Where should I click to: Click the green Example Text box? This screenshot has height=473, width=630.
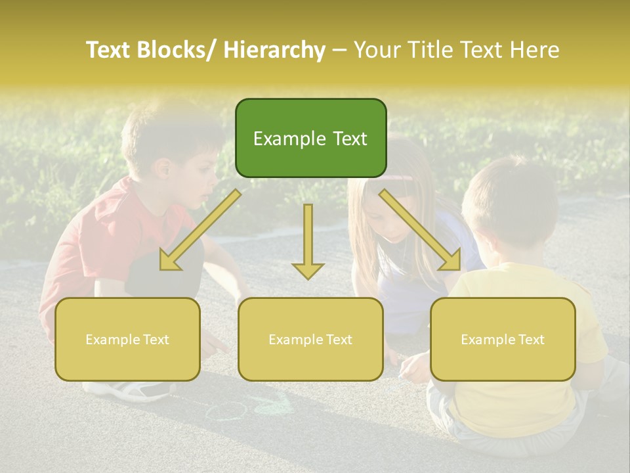tap(310, 138)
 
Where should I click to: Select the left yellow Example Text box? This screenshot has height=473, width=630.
tap(127, 339)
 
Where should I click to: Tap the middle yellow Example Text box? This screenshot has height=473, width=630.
tap(310, 339)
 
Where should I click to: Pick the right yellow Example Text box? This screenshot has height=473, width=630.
tap(503, 339)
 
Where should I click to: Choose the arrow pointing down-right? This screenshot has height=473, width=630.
tap(420, 230)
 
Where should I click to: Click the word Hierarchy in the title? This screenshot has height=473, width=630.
tap(274, 50)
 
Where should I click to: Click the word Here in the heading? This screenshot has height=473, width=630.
tap(534, 50)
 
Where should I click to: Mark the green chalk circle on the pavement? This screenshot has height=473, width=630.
tap(226, 411)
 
